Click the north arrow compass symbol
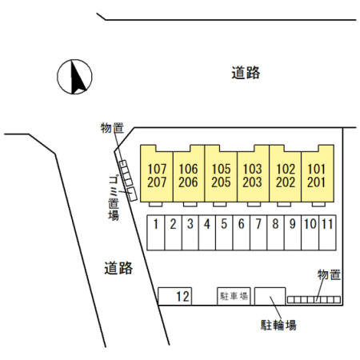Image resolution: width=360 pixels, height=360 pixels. pos(74,77)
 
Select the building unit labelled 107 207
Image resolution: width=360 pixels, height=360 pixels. pos(157,174)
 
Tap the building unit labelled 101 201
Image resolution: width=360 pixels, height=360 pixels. pos(318,174)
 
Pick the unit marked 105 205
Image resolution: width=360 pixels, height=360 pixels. pos(221,174)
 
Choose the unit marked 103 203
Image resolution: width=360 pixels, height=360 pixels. pos(253,174)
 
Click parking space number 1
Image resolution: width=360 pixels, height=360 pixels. pos(156,233)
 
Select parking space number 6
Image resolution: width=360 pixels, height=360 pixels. pos(242,233)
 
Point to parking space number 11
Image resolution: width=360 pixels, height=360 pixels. pos(327,233)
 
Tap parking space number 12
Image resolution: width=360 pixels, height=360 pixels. pos(175,296)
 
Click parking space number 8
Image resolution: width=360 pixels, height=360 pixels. pos(275,233)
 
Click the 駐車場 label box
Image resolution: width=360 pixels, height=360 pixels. pos(234,296)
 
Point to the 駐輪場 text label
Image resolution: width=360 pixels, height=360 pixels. pos(278,326)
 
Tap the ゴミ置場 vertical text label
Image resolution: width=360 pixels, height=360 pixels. pos(114,198)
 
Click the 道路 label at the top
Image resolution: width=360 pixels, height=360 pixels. pos(246,73)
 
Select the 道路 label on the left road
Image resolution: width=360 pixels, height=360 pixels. pos(118,268)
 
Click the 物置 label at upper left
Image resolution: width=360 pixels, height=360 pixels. pos(112,128)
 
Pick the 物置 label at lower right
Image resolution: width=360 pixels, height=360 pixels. pos(329,274)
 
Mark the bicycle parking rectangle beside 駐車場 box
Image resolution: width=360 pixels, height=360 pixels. pos(270,296)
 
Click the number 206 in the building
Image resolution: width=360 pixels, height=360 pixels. pos(188,182)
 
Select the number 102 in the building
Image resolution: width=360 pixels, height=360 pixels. pos(286,169)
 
